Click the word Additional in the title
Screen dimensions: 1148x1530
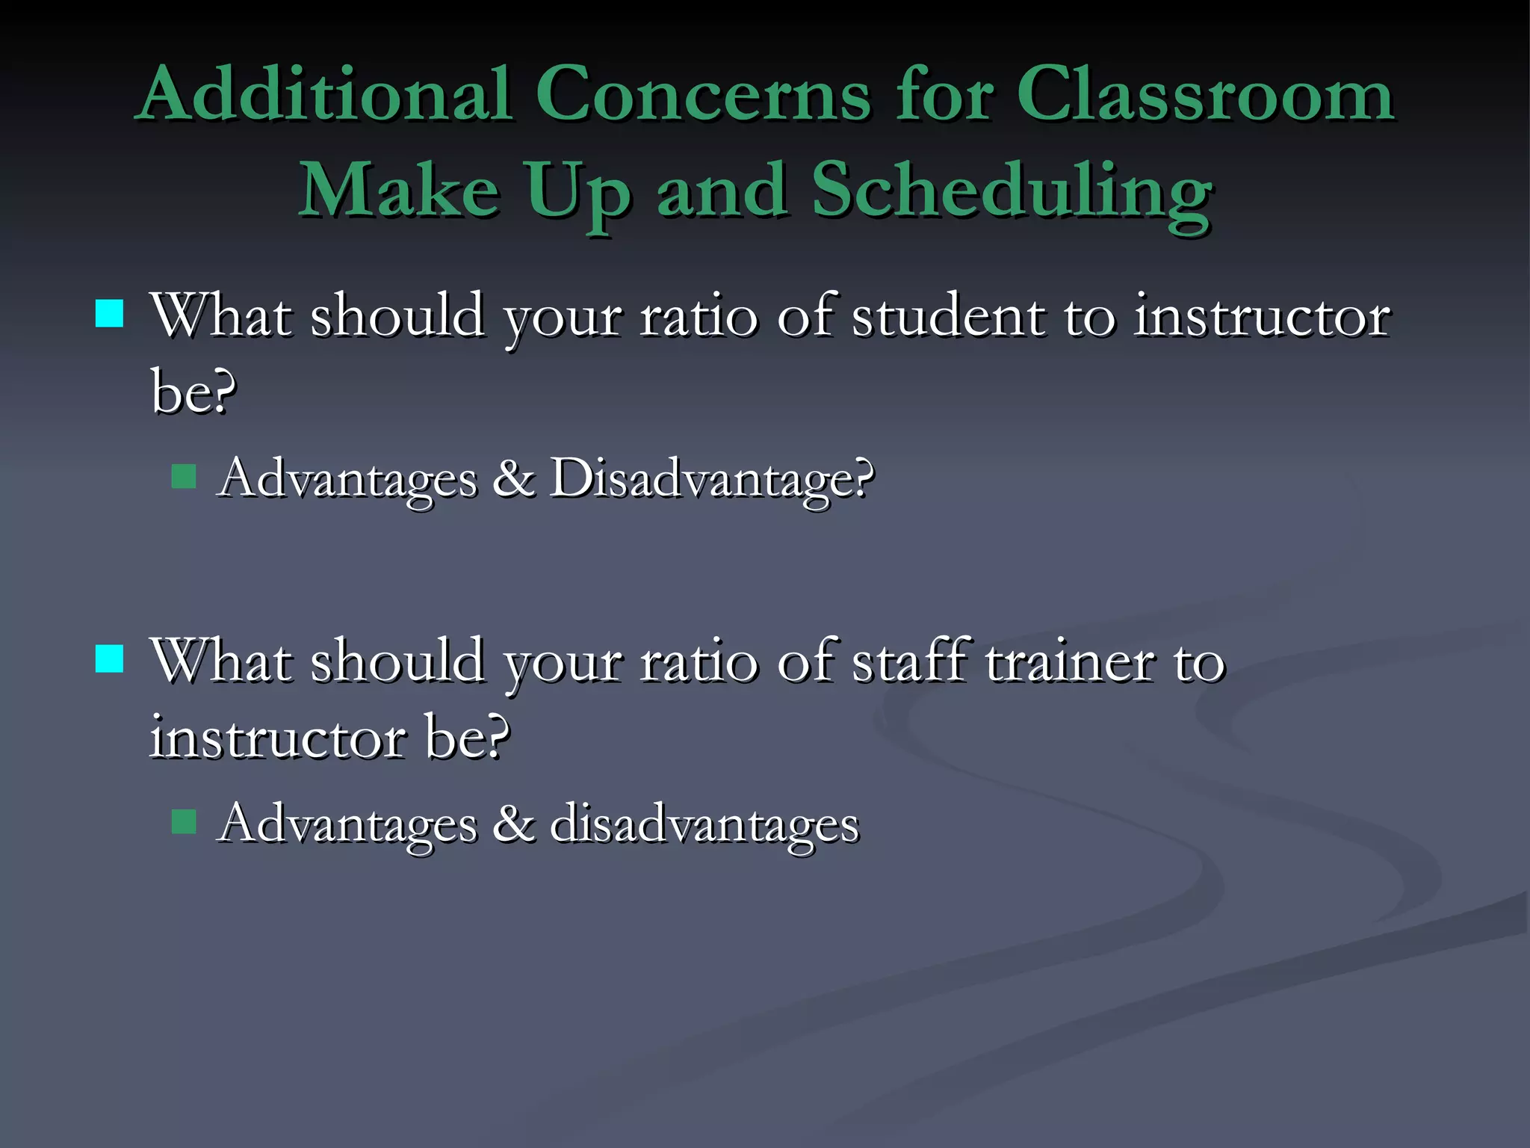(x=326, y=95)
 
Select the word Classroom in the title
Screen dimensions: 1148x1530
(x=1204, y=95)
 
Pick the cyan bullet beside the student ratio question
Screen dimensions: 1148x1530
(x=109, y=315)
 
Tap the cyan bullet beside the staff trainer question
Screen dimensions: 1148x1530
(x=109, y=659)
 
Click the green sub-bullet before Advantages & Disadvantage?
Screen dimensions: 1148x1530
(x=184, y=477)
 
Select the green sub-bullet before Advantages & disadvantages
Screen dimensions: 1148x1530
(x=184, y=821)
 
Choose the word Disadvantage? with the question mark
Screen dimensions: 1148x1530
(x=711, y=478)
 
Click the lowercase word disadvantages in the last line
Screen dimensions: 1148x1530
(x=704, y=824)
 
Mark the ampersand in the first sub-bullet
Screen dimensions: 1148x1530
(x=514, y=478)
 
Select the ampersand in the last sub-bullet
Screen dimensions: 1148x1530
(x=514, y=824)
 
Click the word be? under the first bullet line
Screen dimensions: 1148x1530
(x=193, y=391)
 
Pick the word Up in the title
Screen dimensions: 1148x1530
(x=577, y=193)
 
